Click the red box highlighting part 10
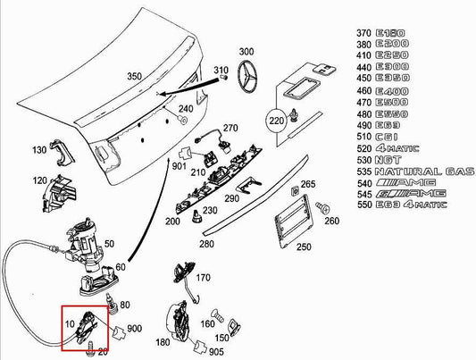coord(86,329)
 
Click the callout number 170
coord(203,277)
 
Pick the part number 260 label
coord(331,222)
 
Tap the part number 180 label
coord(163,341)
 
